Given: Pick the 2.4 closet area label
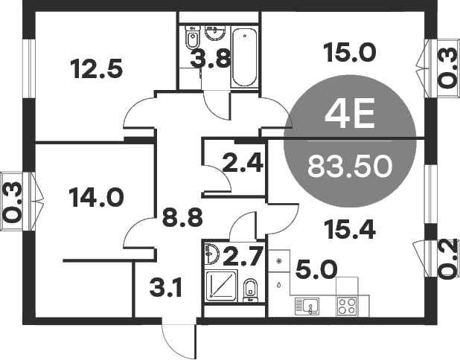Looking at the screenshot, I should (x=243, y=161).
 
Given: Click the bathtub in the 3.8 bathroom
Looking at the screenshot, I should (x=244, y=57).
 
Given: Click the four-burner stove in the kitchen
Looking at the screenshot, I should (x=347, y=305).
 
